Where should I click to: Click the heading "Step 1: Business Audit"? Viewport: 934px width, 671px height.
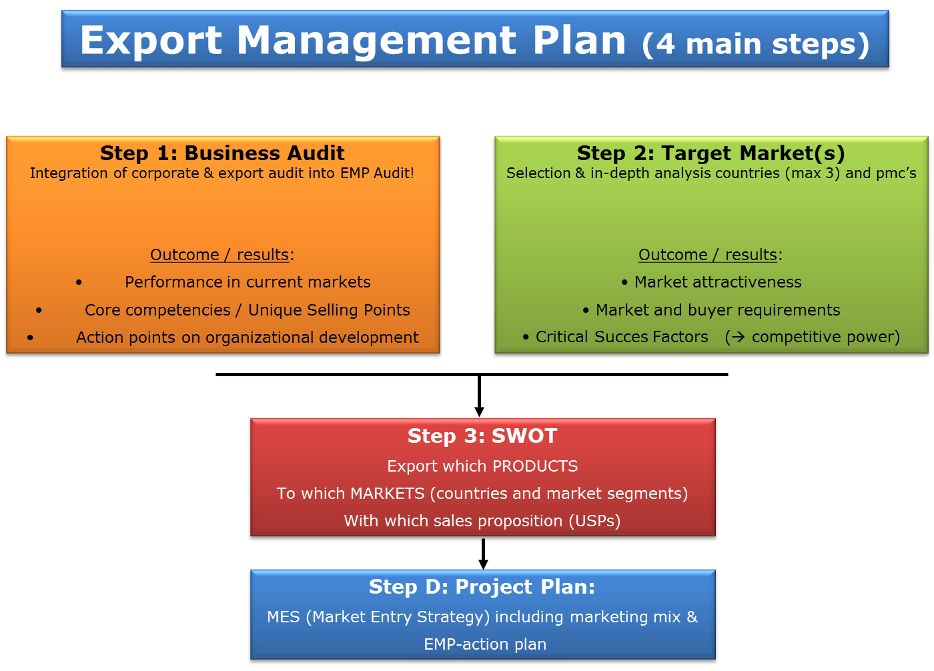[222, 153]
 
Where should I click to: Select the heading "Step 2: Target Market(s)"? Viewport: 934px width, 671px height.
[711, 153]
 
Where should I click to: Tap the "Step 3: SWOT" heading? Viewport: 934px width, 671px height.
[482, 436]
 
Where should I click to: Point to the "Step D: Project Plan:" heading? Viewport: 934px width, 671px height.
[482, 587]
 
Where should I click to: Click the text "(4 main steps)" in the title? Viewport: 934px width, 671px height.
[756, 45]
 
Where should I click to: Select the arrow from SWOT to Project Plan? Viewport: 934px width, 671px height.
[483, 554]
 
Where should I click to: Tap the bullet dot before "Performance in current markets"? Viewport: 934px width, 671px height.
[79, 283]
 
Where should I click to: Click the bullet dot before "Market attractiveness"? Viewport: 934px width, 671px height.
[624, 283]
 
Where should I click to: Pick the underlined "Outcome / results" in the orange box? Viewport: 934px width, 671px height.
[219, 255]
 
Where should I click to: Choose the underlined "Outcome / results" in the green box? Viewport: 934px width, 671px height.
[708, 255]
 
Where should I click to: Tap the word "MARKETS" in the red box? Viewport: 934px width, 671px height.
[388, 494]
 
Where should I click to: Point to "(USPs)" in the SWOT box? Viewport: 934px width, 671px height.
[595, 521]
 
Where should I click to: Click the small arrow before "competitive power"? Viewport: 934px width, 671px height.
[738, 337]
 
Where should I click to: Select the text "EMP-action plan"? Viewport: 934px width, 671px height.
[485, 644]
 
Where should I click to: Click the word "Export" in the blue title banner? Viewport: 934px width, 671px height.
[151, 41]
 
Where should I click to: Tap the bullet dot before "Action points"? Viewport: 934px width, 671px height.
[30, 338]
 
